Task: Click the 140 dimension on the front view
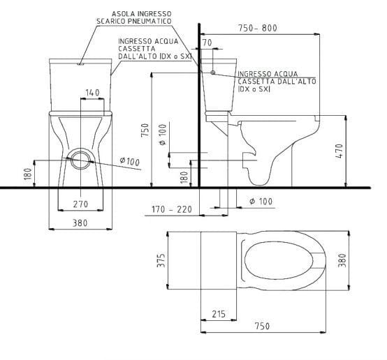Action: click(x=92, y=92)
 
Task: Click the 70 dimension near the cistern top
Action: click(x=206, y=43)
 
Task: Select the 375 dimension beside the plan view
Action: click(x=160, y=260)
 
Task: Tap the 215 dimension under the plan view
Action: click(x=218, y=313)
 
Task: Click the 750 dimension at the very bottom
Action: click(x=263, y=327)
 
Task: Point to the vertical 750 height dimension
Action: click(x=145, y=130)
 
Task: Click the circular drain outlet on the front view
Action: click(x=82, y=159)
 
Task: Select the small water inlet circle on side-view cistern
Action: click(x=212, y=72)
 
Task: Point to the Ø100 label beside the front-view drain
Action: click(x=130, y=162)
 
